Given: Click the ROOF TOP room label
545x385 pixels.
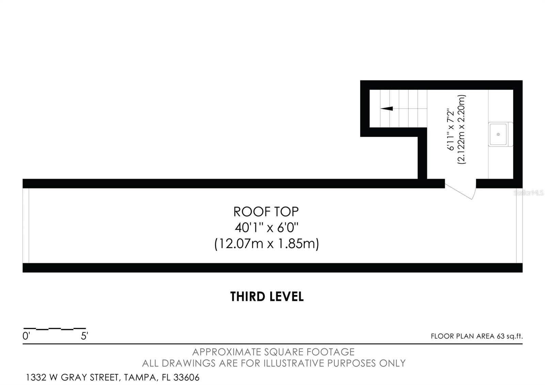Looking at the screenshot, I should coord(266,212).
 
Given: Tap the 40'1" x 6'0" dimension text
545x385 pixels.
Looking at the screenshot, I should coord(266,227).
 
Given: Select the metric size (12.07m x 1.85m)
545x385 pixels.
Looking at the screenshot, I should coord(266,244).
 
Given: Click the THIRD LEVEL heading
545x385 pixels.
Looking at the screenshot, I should coord(267,297).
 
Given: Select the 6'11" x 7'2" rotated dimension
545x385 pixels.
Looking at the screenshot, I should coord(450,129).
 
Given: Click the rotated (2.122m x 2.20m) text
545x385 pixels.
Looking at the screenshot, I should coord(462,129).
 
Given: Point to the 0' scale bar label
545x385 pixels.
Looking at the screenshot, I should coord(26,336).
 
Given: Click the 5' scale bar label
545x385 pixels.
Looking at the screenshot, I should coord(84,336).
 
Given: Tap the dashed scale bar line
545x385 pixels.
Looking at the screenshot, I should coord(54,329).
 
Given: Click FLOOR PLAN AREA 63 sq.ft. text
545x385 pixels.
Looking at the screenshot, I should coord(476,336).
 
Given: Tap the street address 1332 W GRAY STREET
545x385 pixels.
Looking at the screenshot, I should coord(72,378).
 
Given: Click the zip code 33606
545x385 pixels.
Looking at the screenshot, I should coord(186,378).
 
